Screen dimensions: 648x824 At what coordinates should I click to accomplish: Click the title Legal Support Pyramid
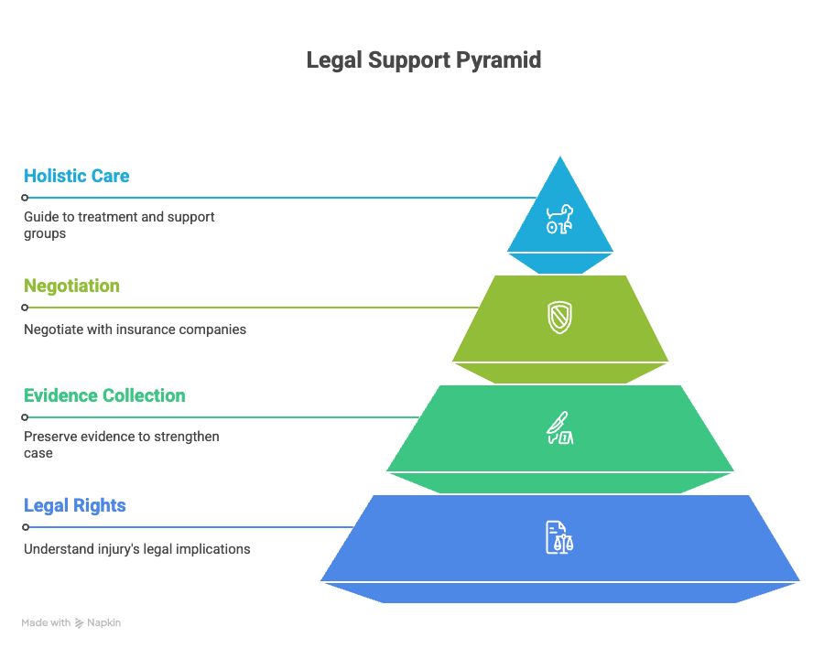coord(423,60)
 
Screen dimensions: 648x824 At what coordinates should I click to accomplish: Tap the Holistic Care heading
coord(77,176)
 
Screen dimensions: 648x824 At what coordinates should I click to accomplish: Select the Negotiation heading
coord(71,286)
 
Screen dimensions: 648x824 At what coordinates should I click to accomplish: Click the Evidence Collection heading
coord(104,395)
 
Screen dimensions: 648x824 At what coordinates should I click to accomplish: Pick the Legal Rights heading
coord(75,505)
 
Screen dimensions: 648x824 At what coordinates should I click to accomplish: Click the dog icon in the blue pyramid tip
coord(559,219)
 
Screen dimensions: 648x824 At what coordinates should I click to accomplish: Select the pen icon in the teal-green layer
coord(559,428)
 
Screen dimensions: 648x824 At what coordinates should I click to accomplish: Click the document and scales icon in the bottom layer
coord(559,536)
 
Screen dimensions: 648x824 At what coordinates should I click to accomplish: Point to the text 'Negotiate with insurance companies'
coord(135,329)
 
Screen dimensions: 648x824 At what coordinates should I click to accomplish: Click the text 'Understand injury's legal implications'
coord(136,549)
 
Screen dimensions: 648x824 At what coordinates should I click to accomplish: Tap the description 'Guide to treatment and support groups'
coord(119,225)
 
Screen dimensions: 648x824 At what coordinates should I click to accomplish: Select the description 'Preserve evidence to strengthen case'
coord(121,445)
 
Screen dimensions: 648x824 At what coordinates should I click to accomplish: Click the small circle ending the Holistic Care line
coord(26,198)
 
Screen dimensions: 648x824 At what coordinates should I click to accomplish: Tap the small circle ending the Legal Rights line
coord(26,527)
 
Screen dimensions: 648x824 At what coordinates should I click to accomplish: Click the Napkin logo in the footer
coord(81,623)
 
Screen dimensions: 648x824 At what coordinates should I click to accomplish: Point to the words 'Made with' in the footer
coord(46,622)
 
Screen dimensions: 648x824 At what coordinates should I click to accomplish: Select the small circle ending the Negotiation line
coord(26,308)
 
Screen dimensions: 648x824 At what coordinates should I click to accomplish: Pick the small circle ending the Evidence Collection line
coord(26,417)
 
